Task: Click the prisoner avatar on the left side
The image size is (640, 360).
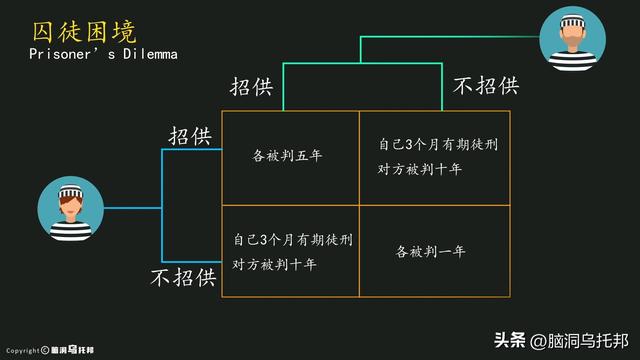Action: [x=69, y=209]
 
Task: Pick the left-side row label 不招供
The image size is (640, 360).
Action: [x=183, y=276]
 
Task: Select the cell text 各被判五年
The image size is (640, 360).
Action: [x=288, y=155]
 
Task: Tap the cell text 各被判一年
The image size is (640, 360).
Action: [x=430, y=251]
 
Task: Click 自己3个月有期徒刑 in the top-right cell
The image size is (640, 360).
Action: [x=437, y=145]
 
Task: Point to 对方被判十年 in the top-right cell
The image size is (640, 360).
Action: [x=420, y=169]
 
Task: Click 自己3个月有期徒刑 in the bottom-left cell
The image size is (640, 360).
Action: [x=292, y=240]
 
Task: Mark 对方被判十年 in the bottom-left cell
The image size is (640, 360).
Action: [x=275, y=265]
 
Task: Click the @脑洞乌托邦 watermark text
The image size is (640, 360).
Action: [x=579, y=340]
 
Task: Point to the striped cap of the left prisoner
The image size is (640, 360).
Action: [x=69, y=191]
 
